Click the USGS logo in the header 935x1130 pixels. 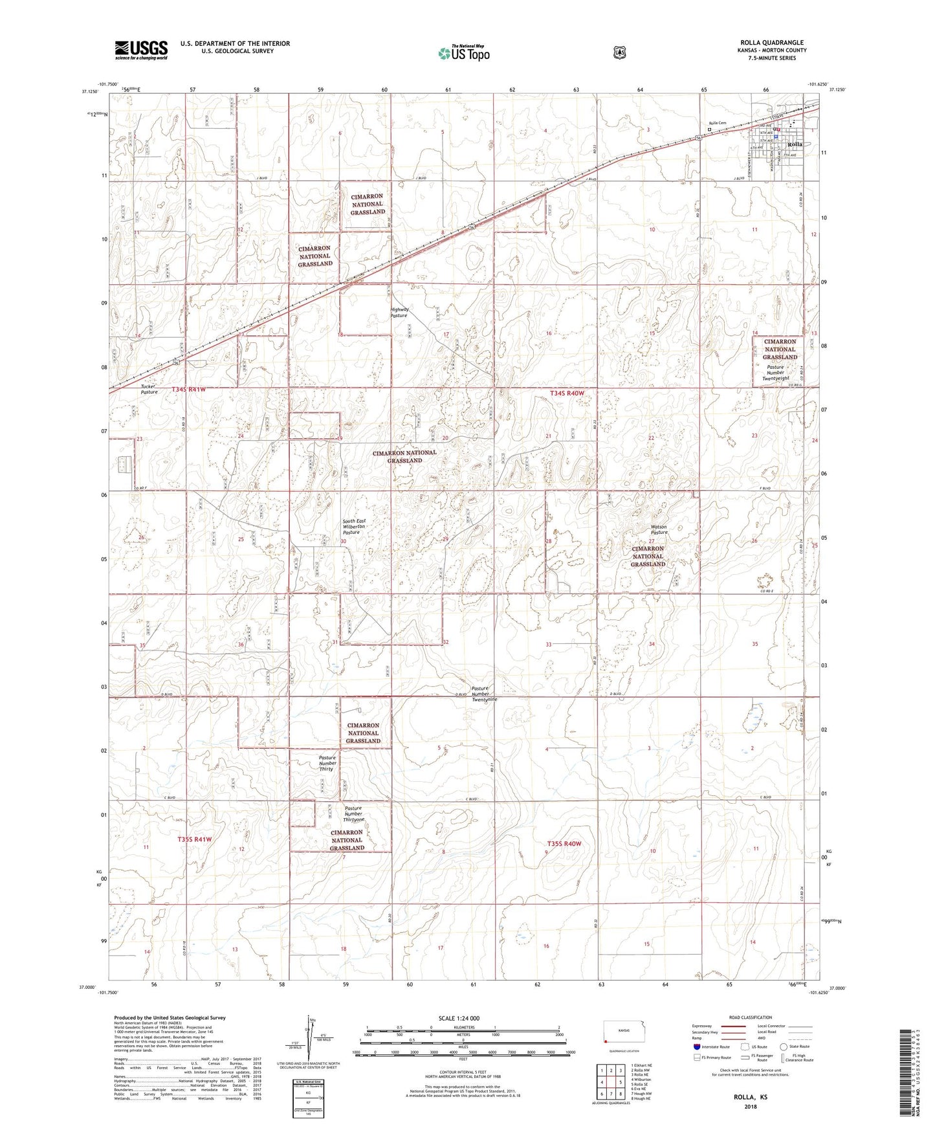(141, 50)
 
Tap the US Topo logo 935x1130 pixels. (463, 53)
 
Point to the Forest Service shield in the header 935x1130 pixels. (619, 52)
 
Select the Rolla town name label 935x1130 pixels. (795, 144)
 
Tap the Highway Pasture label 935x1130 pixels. (399, 312)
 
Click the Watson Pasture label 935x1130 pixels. (658, 529)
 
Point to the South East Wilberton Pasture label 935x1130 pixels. (354, 526)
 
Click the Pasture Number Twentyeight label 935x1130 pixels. (775, 373)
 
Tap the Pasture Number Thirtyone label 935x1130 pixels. (353, 814)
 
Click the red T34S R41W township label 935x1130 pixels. (189, 389)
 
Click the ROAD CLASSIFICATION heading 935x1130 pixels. (750, 1017)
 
